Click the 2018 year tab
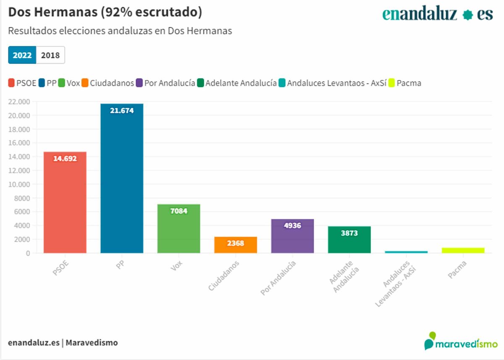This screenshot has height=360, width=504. (x=50, y=55)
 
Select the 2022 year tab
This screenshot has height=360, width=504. (x=22, y=55)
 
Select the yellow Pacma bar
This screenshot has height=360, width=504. (x=463, y=250)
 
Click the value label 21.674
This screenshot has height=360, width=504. (x=122, y=111)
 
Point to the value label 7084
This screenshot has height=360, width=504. (x=179, y=211)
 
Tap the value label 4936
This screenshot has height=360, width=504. (x=293, y=226)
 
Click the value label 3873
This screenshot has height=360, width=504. (x=349, y=233)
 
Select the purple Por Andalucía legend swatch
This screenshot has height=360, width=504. (x=139, y=83)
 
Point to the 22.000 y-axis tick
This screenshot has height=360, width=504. (x=18, y=102)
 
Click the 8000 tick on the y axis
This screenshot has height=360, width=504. (x=21, y=198)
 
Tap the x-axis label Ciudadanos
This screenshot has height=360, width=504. (x=224, y=276)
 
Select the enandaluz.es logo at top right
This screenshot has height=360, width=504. (x=437, y=15)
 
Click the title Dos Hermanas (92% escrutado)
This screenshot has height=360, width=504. (x=105, y=13)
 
